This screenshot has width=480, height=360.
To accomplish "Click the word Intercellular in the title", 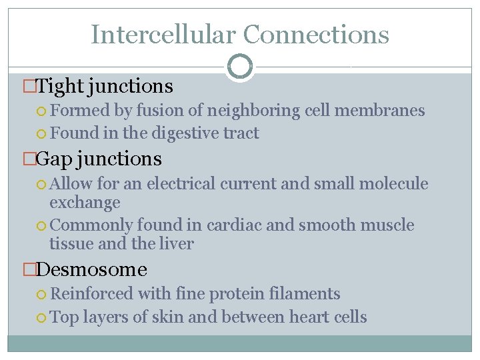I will [163, 34].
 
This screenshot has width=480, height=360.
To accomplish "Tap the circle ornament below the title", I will [240, 67].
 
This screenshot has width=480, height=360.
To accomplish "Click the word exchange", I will [85, 202].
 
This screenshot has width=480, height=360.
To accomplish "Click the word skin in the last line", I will [169, 317].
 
